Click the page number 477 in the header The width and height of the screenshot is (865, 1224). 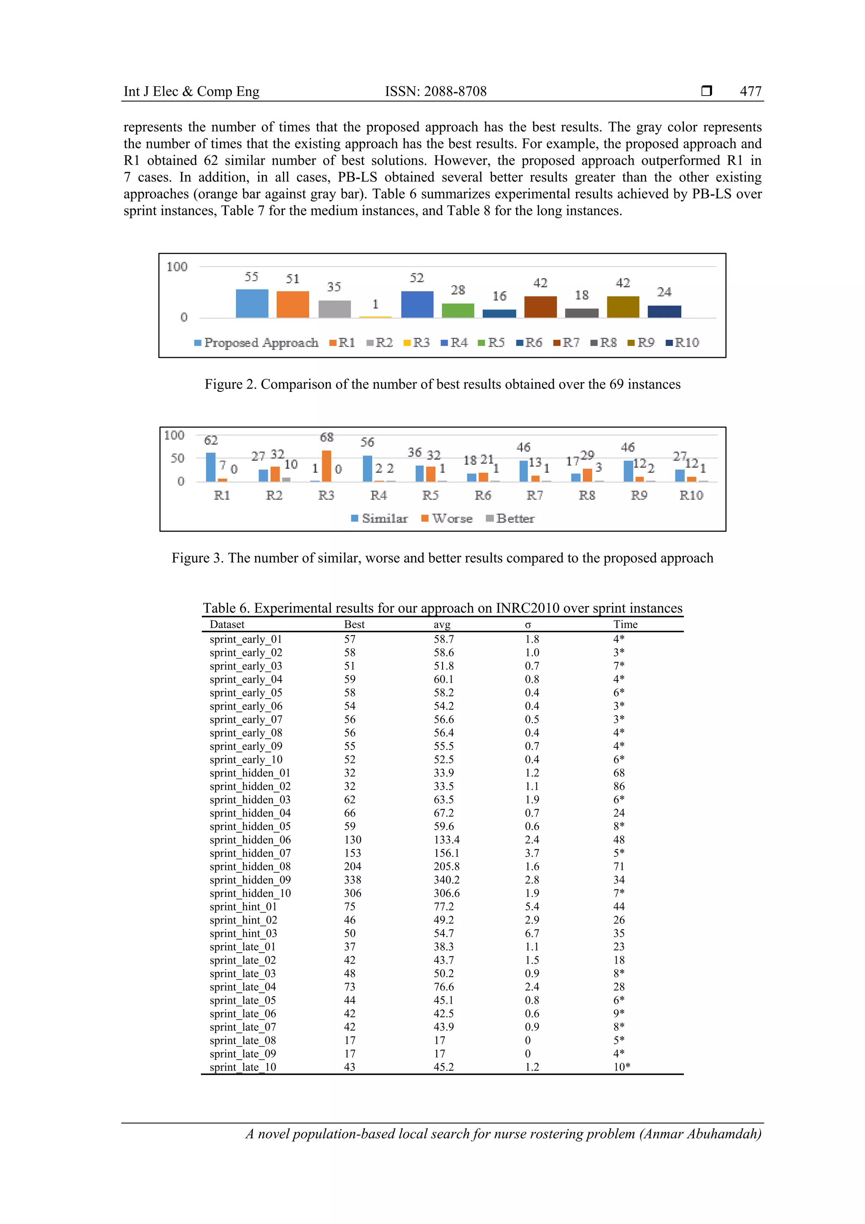[x=750, y=91]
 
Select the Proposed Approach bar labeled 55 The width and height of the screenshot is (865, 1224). [x=252, y=303]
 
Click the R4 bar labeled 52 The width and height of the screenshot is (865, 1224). [x=417, y=304]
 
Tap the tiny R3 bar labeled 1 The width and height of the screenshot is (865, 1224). [x=375, y=317]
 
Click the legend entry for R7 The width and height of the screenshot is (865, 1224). [x=566, y=342]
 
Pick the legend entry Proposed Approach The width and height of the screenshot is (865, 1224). [x=256, y=342]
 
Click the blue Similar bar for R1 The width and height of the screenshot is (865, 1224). [x=211, y=467]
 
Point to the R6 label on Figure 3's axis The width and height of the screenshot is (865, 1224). [x=483, y=495]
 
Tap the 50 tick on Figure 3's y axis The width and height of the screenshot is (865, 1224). [x=177, y=458]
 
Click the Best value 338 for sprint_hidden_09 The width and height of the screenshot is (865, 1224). [x=352, y=880]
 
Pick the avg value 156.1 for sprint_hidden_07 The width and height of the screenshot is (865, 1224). [x=446, y=853]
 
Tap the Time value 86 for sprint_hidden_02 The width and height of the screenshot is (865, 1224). [x=618, y=786]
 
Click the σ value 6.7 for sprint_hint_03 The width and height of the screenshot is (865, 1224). [x=532, y=934]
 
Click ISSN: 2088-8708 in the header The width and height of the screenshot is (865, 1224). [x=436, y=91]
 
